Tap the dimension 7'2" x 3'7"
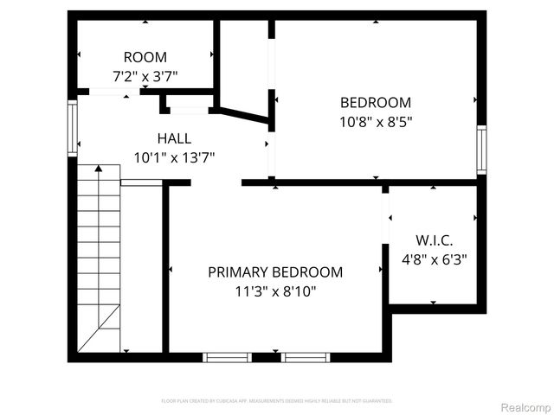[145, 76]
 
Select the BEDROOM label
[375, 103]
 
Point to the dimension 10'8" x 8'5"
[375, 122]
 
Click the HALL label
[174, 138]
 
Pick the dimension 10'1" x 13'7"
[174, 157]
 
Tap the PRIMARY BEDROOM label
[275, 272]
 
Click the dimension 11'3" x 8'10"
[275, 291]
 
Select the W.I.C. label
[434, 239]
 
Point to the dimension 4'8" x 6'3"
[434, 259]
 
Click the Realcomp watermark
[525, 407]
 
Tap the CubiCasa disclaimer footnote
[276, 401]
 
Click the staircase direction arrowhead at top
[98, 169]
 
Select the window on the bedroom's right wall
[481, 150]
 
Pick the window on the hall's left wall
[73, 127]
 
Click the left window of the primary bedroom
[227, 356]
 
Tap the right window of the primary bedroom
[306, 356]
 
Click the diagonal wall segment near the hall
[243, 115]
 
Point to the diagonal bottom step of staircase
[99, 330]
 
